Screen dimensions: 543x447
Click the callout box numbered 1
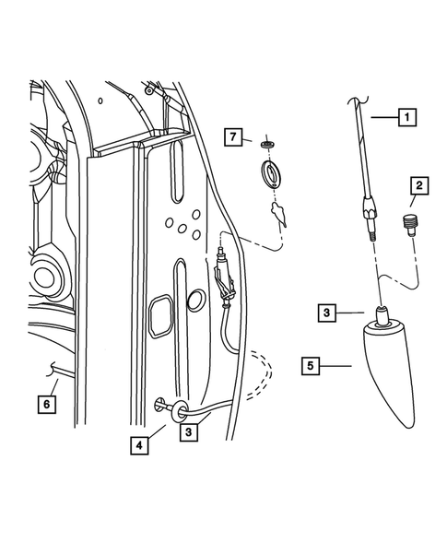[406, 117]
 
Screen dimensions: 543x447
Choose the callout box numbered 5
[314, 366]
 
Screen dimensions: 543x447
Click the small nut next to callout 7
[267, 144]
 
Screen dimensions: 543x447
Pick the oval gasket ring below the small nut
[273, 173]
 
